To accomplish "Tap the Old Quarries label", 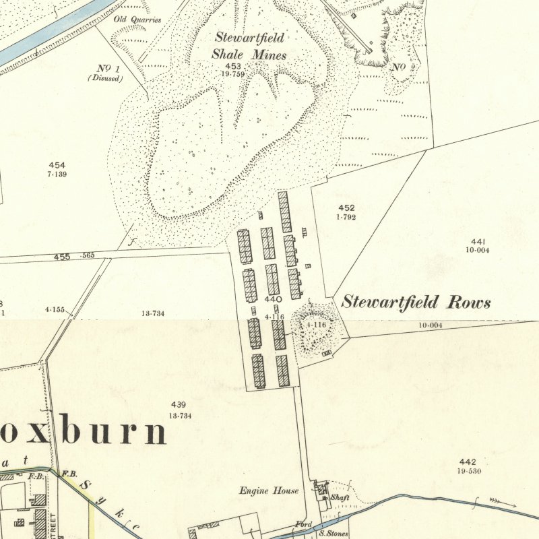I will coord(137,20).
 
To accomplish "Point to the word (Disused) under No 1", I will coord(105,78).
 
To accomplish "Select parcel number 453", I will coord(233,66).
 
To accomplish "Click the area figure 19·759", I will coord(233,74).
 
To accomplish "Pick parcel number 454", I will coord(57,165).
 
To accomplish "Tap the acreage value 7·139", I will coord(57,174).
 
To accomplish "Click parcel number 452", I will coord(346,208).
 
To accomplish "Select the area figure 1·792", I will coord(346,217).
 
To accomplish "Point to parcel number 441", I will coord(478,241).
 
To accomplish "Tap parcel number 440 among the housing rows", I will coord(273,299).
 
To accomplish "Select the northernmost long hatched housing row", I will coord(284,212).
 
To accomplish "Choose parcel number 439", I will coord(178,404).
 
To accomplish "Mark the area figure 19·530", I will coord(468,470).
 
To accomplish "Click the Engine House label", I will coord(268,490).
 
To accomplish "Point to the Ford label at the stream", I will coord(303,524).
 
